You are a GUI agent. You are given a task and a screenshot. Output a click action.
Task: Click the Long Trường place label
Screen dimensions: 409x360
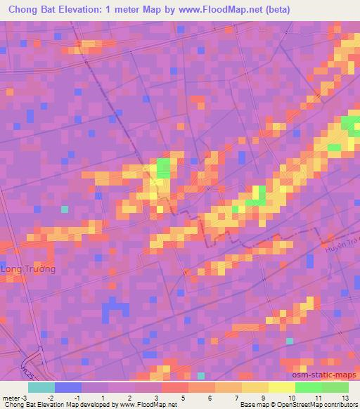(29, 269)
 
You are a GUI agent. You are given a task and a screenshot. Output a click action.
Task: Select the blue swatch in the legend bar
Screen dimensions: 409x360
(67, 387)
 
